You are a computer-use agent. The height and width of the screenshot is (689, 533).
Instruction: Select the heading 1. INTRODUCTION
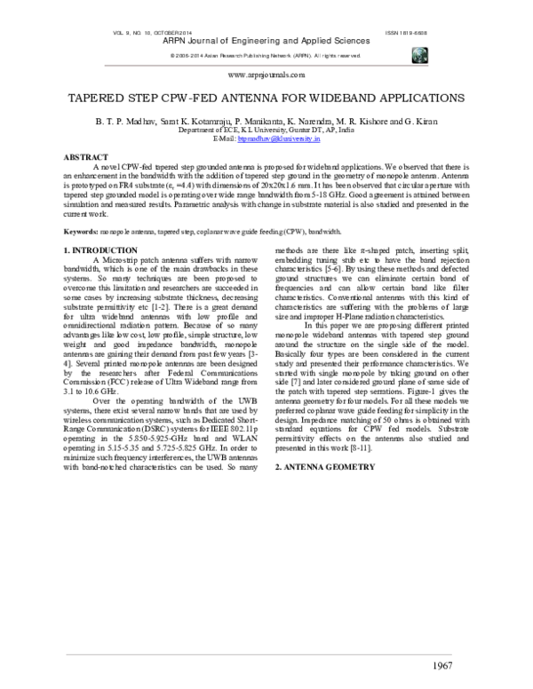click(x=101, y=250)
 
